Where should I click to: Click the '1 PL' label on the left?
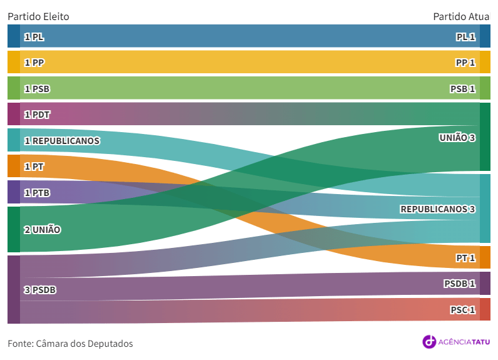tap(34, 37)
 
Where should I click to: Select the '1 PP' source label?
tap(34, 63)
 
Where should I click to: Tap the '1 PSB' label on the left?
tap(36, 89)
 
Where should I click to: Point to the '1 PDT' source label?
tap(37, 115)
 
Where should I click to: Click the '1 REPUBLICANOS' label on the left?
tap(61, 141)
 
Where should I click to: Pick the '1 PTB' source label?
tap(36, 193)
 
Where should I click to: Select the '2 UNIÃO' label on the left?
tap(42, 230)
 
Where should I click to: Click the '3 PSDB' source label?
tap(40, 290)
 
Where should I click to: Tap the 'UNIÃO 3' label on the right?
tap(457, 137)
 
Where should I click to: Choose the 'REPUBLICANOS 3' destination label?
tap(437, 209)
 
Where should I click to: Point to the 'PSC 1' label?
tap(462, 310)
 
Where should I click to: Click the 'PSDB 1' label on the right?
tap(459, 284)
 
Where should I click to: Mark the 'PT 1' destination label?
tap(465, 257)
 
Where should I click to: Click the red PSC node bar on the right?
tap(485, 309)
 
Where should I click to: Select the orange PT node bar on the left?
tap(13, 166)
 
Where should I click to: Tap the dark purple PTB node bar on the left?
tap(13, 192)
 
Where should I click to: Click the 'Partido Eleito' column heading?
tap(38, 16)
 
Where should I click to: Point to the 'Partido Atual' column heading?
tap(461, 16)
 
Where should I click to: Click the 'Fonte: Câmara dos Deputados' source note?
tap(70, 343)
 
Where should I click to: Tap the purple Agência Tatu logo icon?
tap(429, 341)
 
